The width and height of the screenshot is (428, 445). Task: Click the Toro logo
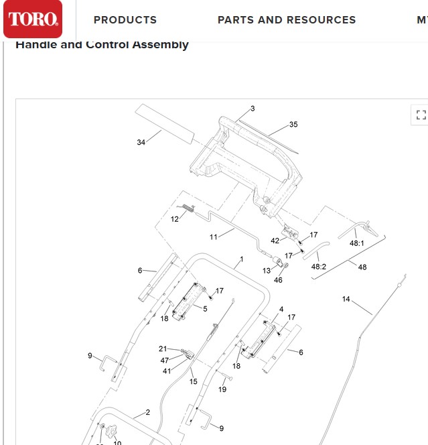click(x=33, y=19)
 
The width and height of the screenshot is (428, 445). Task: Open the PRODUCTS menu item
click(x=125, y=20)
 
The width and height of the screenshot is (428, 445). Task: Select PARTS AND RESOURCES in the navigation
click(x=287, y=20)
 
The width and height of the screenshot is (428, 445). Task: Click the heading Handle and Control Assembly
click(x=102, y=45)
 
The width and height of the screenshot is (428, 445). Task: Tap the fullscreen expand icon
click(x=420, y=115)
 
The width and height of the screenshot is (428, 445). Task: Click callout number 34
click(x=141, y=142)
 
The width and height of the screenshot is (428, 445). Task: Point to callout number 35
click(x=293, y=125)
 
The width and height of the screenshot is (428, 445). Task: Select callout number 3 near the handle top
click(x=253, y=109)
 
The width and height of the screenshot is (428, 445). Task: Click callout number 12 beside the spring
click(x=174, y=218)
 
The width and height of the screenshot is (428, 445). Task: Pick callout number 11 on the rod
click(x=214, y=237)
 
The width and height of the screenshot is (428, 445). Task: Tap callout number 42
click(x=275, y=241)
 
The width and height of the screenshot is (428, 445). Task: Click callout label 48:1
click(x=356, y=243)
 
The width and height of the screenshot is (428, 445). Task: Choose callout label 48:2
click(x=319, y=266)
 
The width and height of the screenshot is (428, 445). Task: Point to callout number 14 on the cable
click(x=346, y=299)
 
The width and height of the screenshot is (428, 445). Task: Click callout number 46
click(x=278, y=279)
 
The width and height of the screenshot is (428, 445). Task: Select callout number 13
click(x=266, y=271)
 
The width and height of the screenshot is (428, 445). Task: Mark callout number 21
click(x=163, y=348)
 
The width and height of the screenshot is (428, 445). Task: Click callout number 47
click(x=165, y=361)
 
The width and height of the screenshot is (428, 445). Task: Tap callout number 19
click(x=223, y=389)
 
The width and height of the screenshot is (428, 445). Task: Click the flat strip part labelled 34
click(x=165, y=123)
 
